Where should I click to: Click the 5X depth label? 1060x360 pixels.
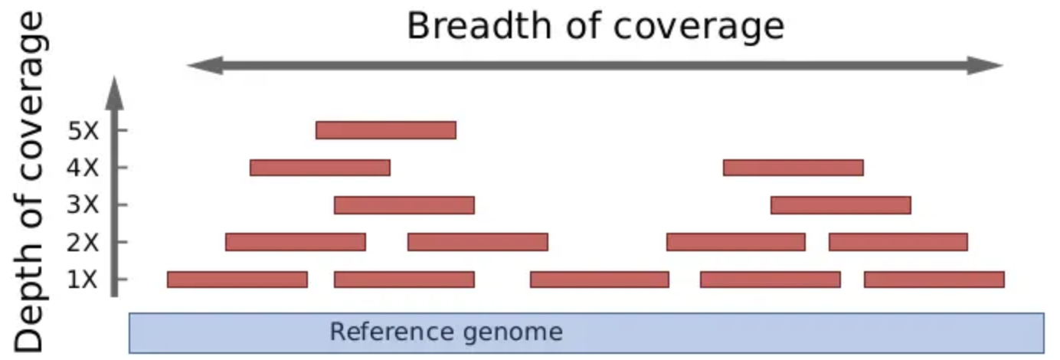pos(83,130)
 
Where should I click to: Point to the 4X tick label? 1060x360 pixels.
pos(83,167)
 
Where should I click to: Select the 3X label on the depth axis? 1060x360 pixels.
pos(83,205)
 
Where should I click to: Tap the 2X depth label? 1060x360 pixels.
pos(83,242)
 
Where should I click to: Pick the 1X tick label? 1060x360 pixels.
pos(83,280)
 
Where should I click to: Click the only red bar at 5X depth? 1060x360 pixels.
pos(386,130)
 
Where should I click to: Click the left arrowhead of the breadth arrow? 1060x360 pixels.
pos(201,66)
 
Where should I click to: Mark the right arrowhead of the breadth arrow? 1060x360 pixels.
pos(990,66)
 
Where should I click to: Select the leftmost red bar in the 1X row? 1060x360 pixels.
pos(237,280)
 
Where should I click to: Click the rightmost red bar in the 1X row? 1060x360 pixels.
pos(934,280)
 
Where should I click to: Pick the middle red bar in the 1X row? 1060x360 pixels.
pos(599,280)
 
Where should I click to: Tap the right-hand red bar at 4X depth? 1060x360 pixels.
pos(793,167)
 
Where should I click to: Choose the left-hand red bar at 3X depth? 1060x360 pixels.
pos(404,205)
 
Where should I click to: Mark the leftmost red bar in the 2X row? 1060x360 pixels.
pos(296,242)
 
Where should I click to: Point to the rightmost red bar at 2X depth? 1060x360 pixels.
pos(898,242)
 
